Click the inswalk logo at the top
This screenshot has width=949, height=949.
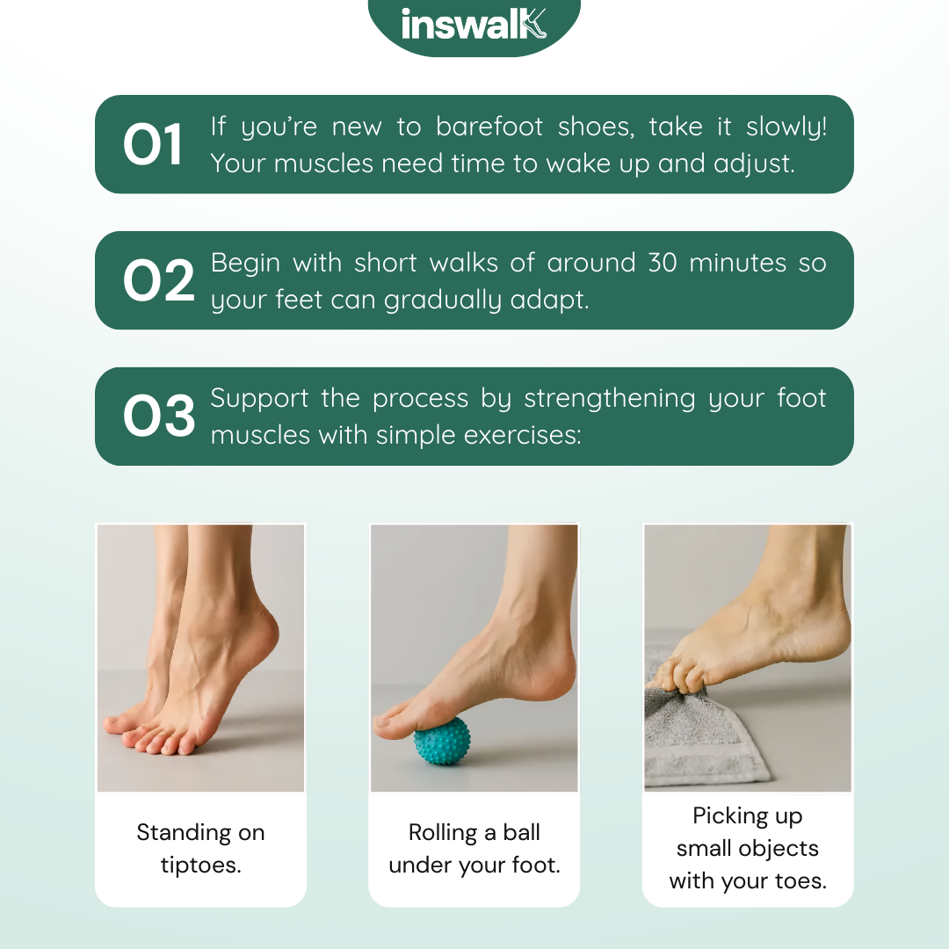474,25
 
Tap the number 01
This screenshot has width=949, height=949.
153,144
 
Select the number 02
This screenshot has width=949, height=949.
159,280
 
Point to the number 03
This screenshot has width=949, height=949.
159,416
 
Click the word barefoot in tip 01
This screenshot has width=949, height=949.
489,127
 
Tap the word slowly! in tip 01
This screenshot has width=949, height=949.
786,127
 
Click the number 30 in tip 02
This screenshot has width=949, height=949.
663,263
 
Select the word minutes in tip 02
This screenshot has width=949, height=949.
736,263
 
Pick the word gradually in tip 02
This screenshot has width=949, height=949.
442,301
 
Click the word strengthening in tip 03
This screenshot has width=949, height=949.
610,399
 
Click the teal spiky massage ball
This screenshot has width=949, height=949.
442,740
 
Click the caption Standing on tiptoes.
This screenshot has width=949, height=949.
200,849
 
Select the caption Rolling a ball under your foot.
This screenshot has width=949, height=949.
474,849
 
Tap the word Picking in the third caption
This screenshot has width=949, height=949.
722,815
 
